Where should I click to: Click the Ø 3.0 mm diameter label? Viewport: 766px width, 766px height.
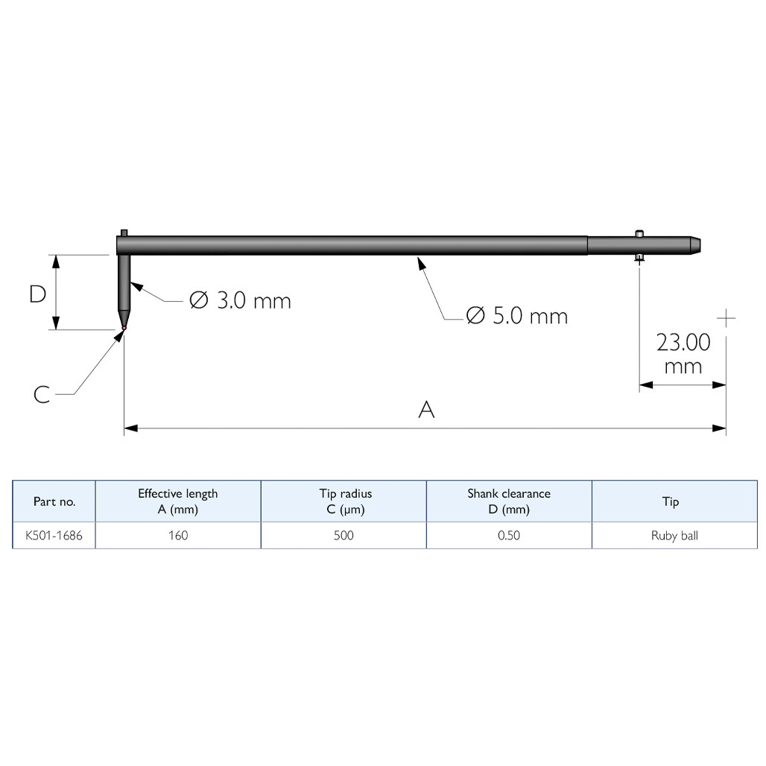(240, 300)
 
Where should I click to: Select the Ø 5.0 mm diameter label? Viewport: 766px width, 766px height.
(517, 316)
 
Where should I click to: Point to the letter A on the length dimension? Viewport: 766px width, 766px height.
(426, 409)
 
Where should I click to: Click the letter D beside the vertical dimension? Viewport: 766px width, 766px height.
(37, 294)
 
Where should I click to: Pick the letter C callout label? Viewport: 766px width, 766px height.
(42, 394)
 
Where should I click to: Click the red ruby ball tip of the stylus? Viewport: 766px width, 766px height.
(124, 328)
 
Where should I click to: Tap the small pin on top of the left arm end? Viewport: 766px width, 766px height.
(124, 233)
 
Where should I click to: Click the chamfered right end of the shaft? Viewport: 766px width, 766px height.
(695, 245)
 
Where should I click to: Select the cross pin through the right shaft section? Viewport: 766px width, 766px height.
(639, 245)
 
